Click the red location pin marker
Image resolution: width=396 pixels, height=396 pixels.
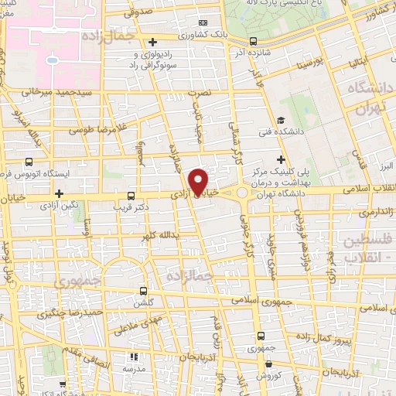point(200,183)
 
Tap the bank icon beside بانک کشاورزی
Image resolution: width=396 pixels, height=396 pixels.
point(203,23)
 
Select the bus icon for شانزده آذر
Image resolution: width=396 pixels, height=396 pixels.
point(254,42)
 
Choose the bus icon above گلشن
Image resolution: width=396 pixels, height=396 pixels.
point(143,292)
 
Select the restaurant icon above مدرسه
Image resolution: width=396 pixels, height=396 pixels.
point(133,357)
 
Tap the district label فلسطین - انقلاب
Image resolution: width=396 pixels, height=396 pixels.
point(365,250)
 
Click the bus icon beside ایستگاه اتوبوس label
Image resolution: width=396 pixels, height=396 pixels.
point(29,162)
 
